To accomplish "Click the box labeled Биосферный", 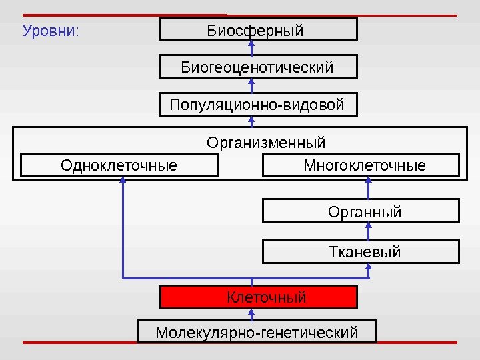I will tap(258, 30).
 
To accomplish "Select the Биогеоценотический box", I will tap(258, 67).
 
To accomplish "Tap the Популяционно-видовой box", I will tap(258, 105).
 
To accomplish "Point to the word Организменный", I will tap(266, 143).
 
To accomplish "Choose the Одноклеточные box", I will tap(119, 165).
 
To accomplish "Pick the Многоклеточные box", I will tap(364, 165).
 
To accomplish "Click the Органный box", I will tap(364, 211).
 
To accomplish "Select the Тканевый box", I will tap(364, 252).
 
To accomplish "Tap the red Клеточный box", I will tap(258, 297).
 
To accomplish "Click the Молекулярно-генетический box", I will tap(257, 331).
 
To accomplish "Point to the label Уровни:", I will tap(51, 31).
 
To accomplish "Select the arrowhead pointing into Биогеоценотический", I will tap(252, 82).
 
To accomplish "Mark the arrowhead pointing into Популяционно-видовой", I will tap(252, 120).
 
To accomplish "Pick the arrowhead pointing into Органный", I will tap(369, 226).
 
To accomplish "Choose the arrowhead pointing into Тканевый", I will tap(369, 267).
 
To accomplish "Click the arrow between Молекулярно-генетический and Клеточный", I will tap(252, 315).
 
